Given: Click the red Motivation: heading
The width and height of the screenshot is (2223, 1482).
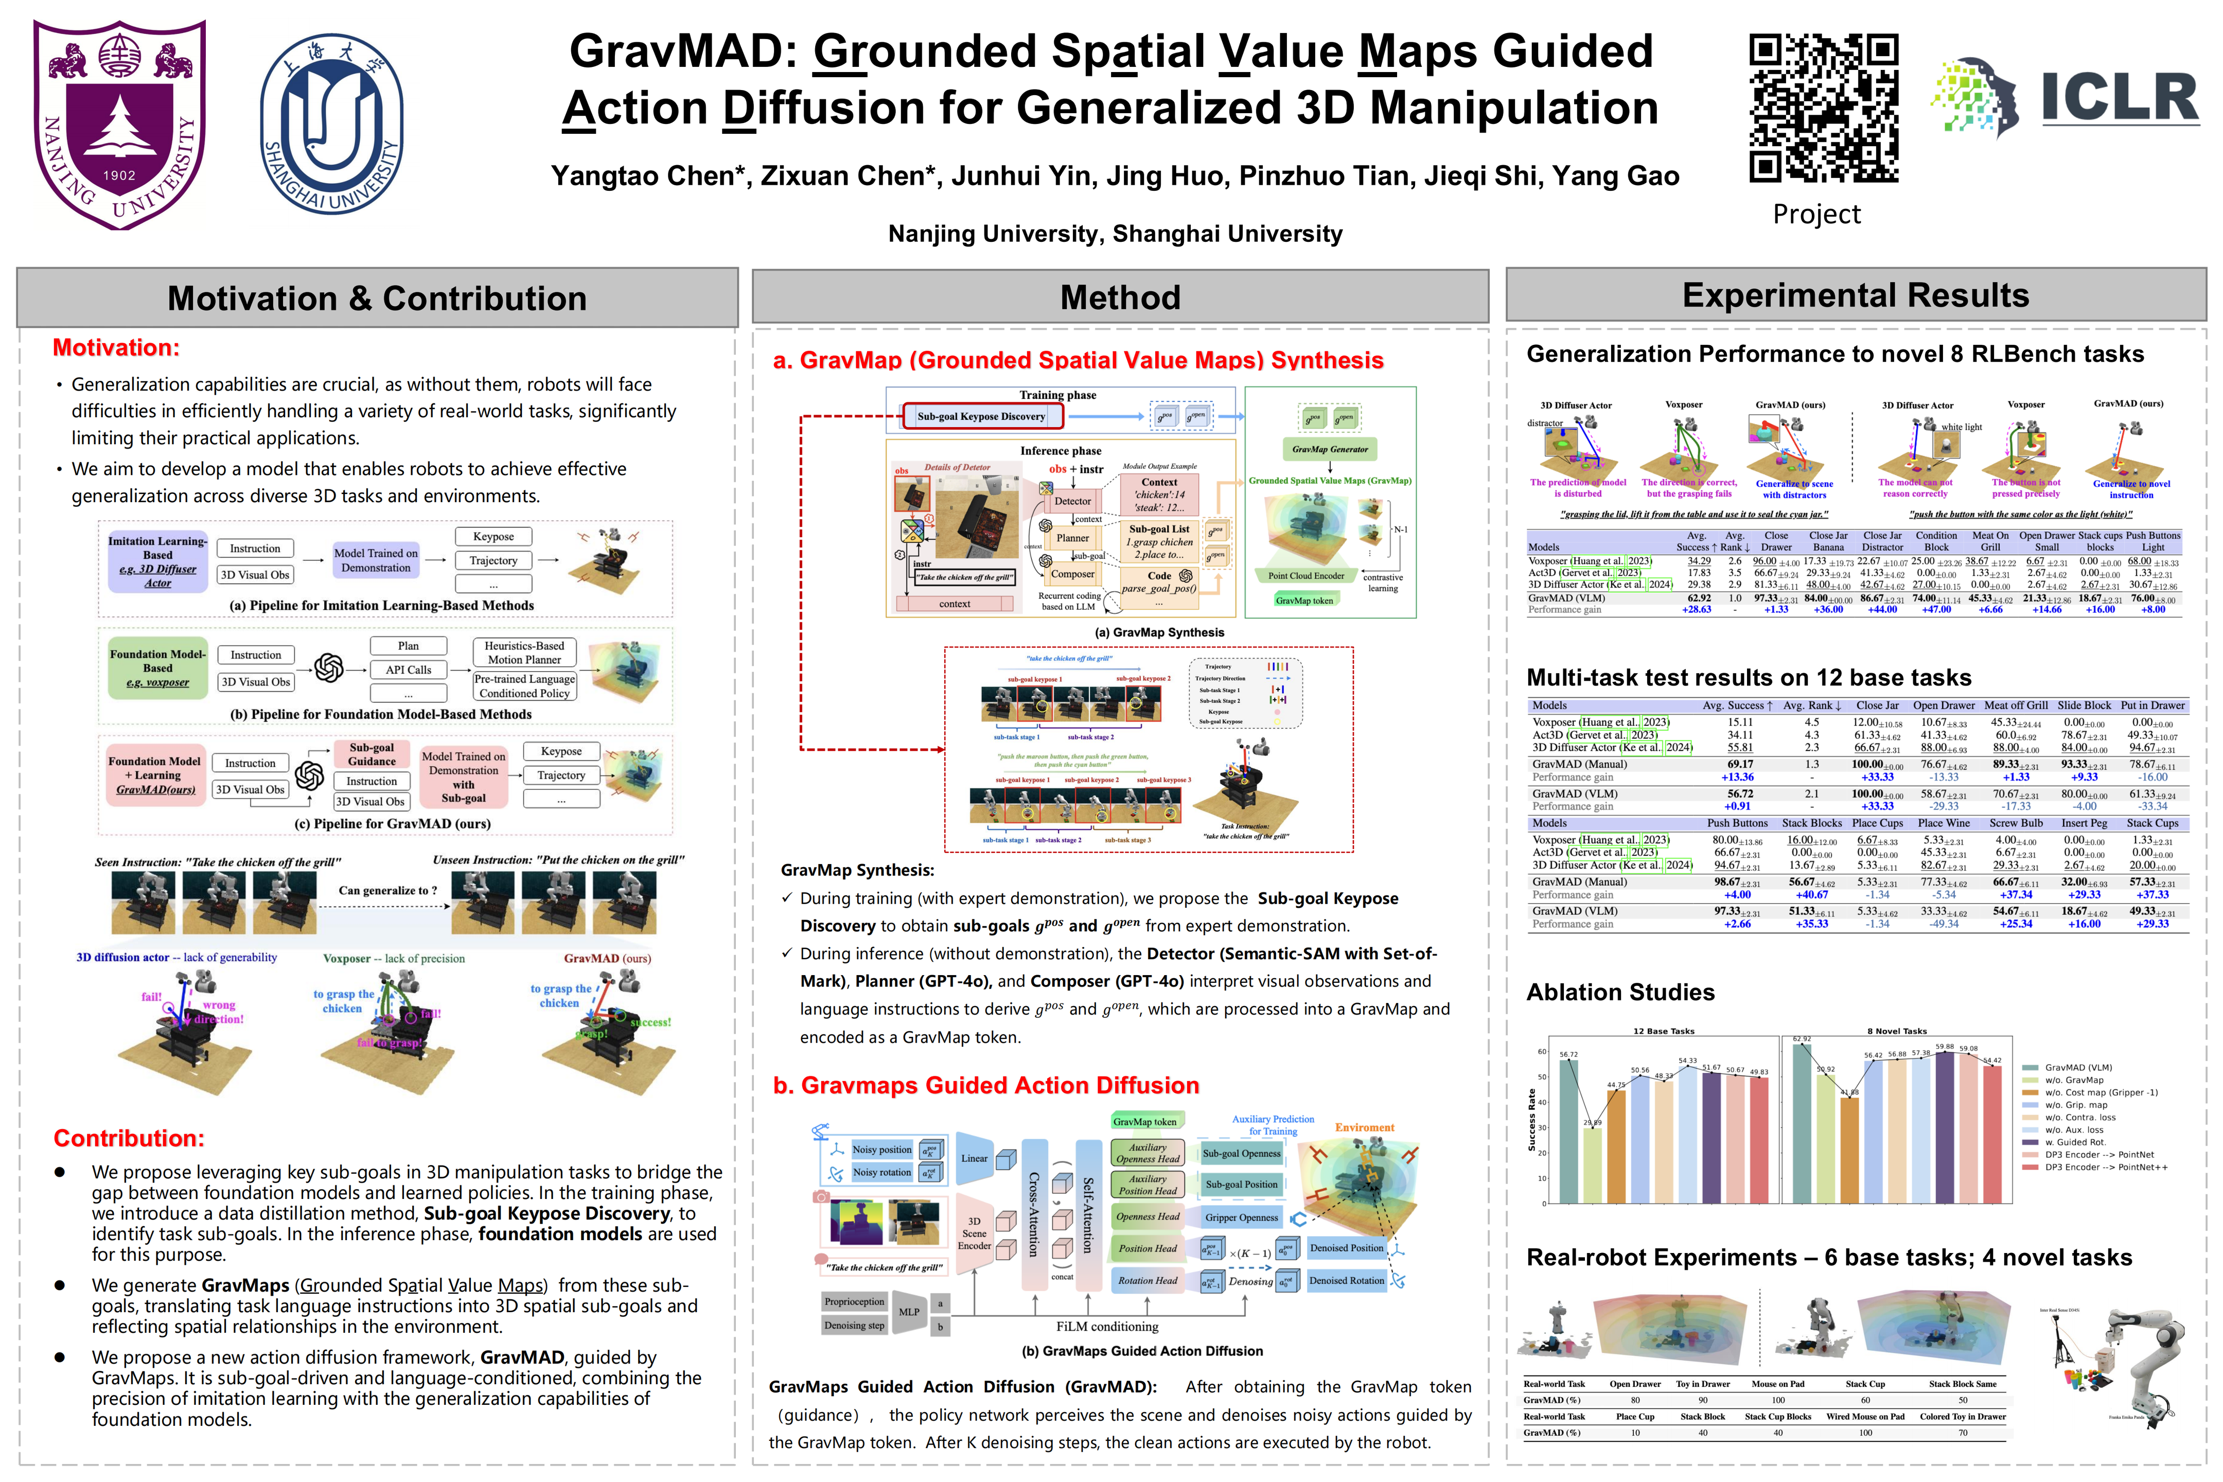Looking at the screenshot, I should click(115, 348).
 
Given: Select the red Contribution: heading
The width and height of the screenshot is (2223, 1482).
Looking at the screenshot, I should click(129, 1138).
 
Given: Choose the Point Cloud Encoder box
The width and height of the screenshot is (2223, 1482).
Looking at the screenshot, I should click(1305, 576).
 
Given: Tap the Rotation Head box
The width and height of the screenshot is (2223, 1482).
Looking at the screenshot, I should click(1148, 1281).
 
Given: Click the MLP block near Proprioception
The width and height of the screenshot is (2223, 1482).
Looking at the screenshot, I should click(908, 1312).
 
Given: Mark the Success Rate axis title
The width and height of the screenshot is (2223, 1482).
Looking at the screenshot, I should click(1532, 1121).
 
